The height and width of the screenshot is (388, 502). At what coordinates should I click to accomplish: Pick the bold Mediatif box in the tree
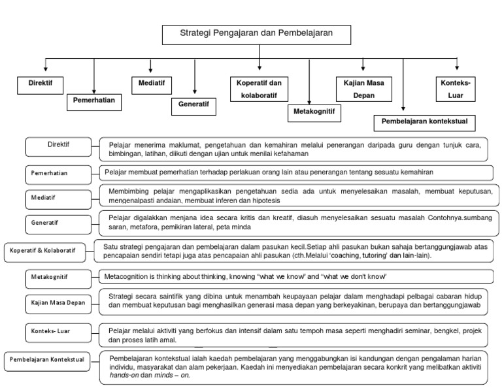[x=151, y=84]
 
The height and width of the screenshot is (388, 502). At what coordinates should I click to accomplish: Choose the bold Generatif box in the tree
[x=194, y=103]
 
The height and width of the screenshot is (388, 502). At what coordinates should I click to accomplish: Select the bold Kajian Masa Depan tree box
[x=363, y=89]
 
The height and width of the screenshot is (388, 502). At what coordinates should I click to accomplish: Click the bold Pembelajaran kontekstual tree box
[x=424, y=121]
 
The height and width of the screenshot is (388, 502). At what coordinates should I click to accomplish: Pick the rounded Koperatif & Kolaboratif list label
[x=46, y=250]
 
